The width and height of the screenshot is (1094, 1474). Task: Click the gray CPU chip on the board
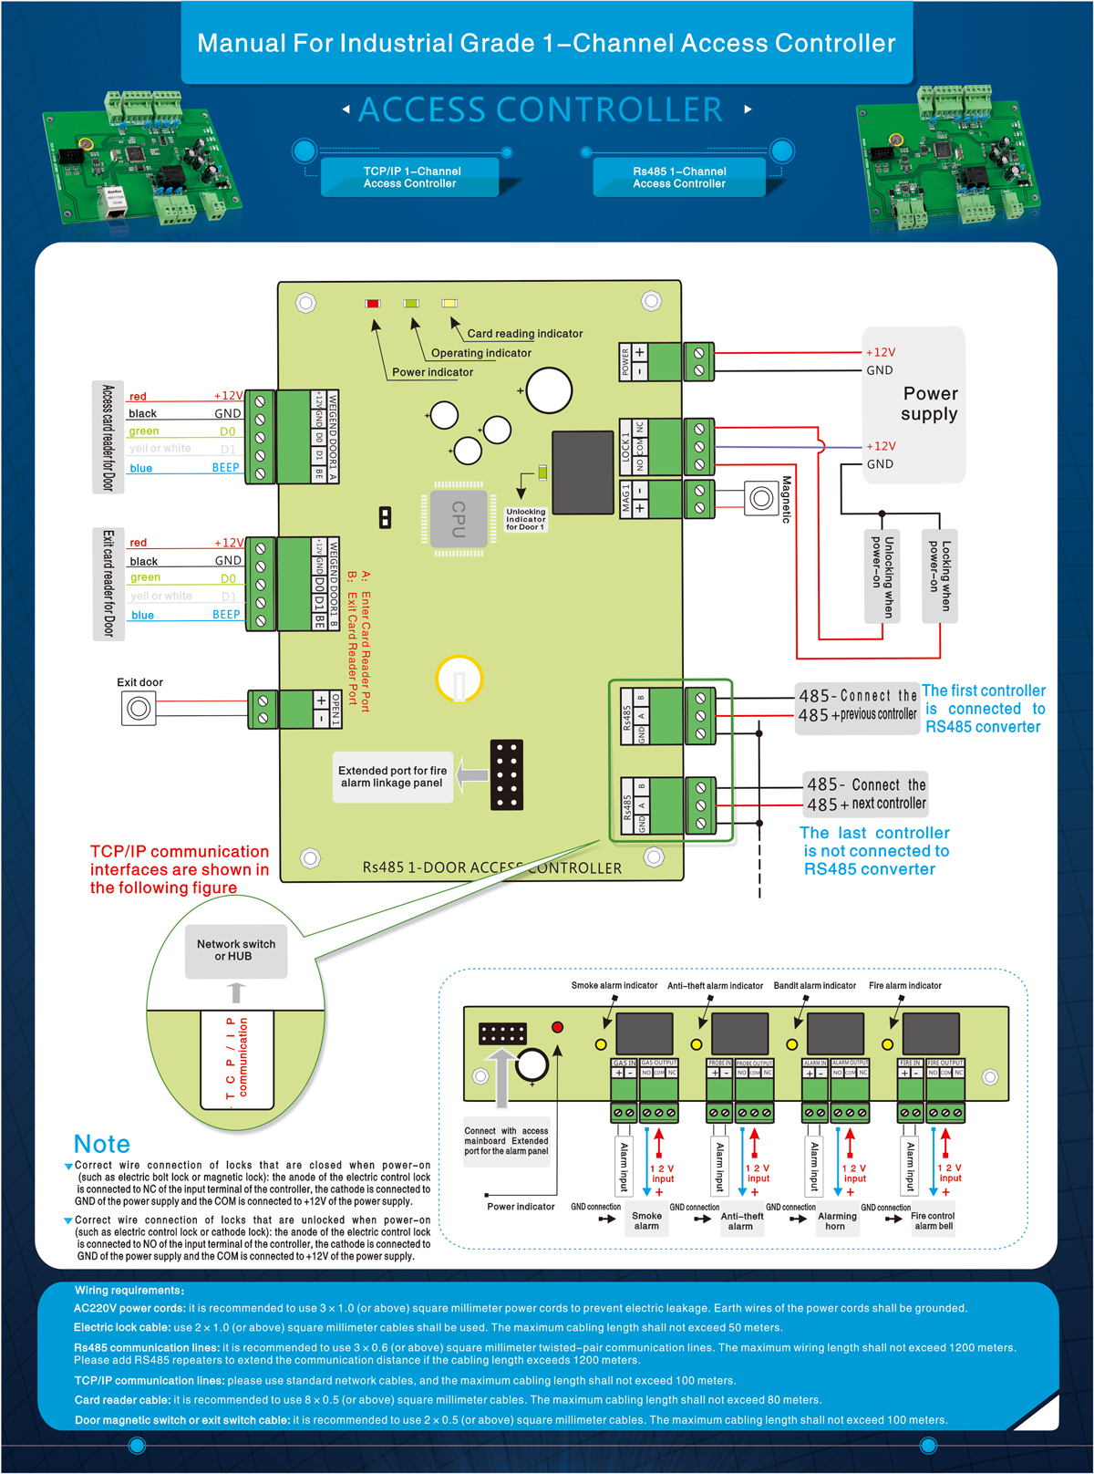pos(459,517)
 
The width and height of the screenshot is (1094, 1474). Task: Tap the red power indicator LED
pos(372,303)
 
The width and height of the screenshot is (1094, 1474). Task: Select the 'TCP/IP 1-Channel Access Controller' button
pos(410,177)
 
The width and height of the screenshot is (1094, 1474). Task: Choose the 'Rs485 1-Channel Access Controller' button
pos(680,177)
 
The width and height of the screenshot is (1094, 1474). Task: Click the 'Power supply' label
pos(929,403)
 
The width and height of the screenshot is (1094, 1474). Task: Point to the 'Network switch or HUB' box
pos(236,950)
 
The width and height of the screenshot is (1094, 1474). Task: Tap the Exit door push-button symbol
pos(139,708)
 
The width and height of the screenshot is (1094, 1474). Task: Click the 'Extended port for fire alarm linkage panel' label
pos(392,777)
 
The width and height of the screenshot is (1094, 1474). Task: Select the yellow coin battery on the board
pos(459,680)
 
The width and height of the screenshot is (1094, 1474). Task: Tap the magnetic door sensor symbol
pos(761,498)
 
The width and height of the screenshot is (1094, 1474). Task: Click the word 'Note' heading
pos(102,1144)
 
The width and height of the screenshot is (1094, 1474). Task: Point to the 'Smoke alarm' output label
pos(646,1221)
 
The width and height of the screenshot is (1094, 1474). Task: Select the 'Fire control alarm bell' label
pos(933,1221)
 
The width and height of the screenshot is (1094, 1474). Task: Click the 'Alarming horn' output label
pos(836,1221)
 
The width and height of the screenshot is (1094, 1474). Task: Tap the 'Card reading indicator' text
pos(524,334)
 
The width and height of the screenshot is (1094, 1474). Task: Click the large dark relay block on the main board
pos(583,472)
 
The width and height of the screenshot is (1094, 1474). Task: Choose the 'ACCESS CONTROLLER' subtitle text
pos(541,110)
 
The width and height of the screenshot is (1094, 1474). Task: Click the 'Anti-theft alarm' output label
pos(741,1221)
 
